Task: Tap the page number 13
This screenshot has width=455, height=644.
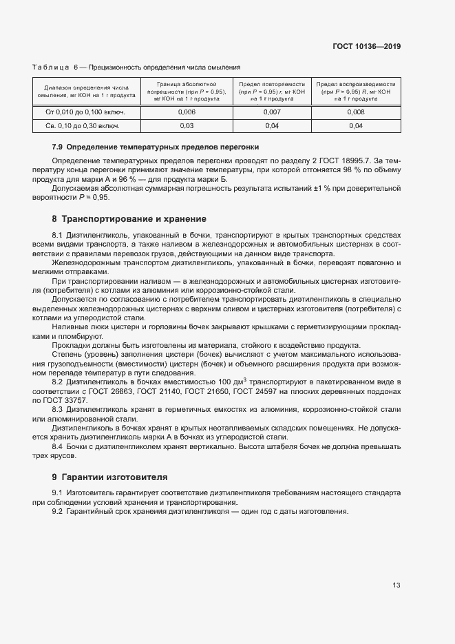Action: click(396, 585)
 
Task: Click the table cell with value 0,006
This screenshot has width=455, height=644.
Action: click(187, 112)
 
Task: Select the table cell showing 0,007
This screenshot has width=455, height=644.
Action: click(272, 112)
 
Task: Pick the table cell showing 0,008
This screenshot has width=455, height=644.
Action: click(356, 112)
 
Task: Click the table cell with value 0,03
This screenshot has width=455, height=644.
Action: click(187, 126)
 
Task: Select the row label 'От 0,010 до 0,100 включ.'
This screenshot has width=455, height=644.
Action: click(85, 112)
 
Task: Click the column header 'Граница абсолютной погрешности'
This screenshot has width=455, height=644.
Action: click(187, 91)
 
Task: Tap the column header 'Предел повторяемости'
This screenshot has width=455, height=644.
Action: click(272, 91)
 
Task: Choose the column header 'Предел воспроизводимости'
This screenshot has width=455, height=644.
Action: click(356, 91)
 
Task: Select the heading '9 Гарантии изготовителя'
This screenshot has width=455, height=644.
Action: click(109, 477)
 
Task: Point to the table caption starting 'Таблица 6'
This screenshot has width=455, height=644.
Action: click(136, 67)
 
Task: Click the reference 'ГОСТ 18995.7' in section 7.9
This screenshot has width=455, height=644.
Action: click(354, 160)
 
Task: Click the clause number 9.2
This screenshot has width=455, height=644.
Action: click(58, 512)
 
